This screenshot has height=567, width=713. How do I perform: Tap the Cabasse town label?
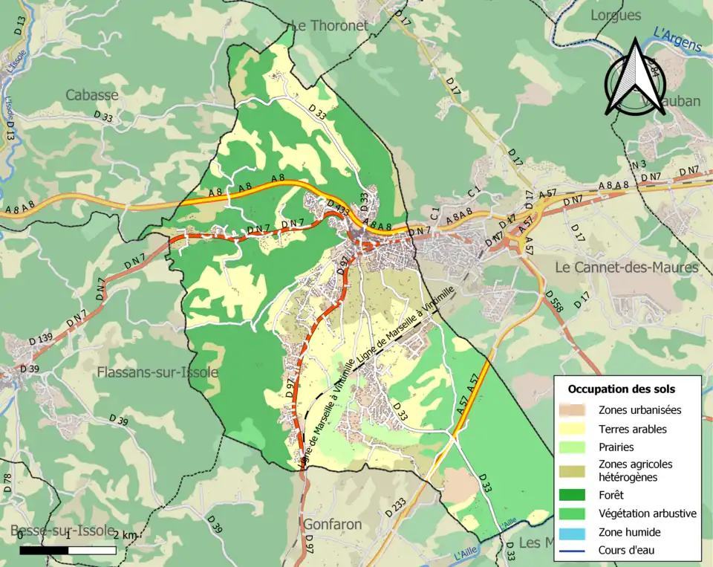coord(91,95)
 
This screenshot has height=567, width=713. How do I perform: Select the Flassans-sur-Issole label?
coord(158,372)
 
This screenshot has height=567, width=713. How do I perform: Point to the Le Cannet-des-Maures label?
coord(627,267)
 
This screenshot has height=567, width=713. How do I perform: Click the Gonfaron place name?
coord(333,525)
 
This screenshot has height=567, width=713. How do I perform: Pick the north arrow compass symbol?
coord(635,78)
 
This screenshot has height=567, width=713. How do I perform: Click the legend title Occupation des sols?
coord(622,389)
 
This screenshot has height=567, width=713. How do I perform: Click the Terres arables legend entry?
coord(632,429)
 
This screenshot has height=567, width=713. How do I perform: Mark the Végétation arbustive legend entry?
coord(647,513)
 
